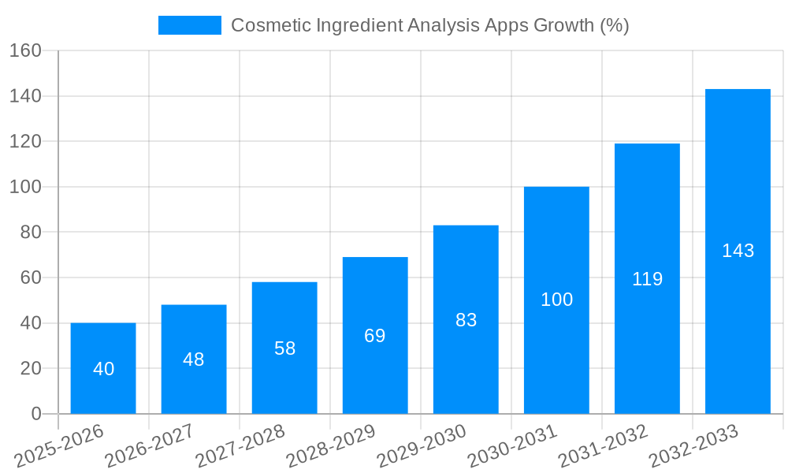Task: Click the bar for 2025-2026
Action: point(103,368)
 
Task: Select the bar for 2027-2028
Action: point(284,348)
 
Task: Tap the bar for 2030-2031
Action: point(556,300)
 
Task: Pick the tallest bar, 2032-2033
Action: point(738,251)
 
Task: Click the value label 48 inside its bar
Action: point(194,359)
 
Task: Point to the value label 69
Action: point(375,336)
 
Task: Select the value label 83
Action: point(466,320)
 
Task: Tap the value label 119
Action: point(647,279)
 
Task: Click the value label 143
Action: point(738,251)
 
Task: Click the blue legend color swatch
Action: point(190,25)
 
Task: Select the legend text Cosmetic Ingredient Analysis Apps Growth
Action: point(429,25)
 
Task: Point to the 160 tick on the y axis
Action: point(25,50)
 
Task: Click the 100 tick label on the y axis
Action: point(25,187)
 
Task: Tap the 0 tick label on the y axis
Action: point(35,414)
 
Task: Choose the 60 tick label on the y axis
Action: point(30,277)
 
